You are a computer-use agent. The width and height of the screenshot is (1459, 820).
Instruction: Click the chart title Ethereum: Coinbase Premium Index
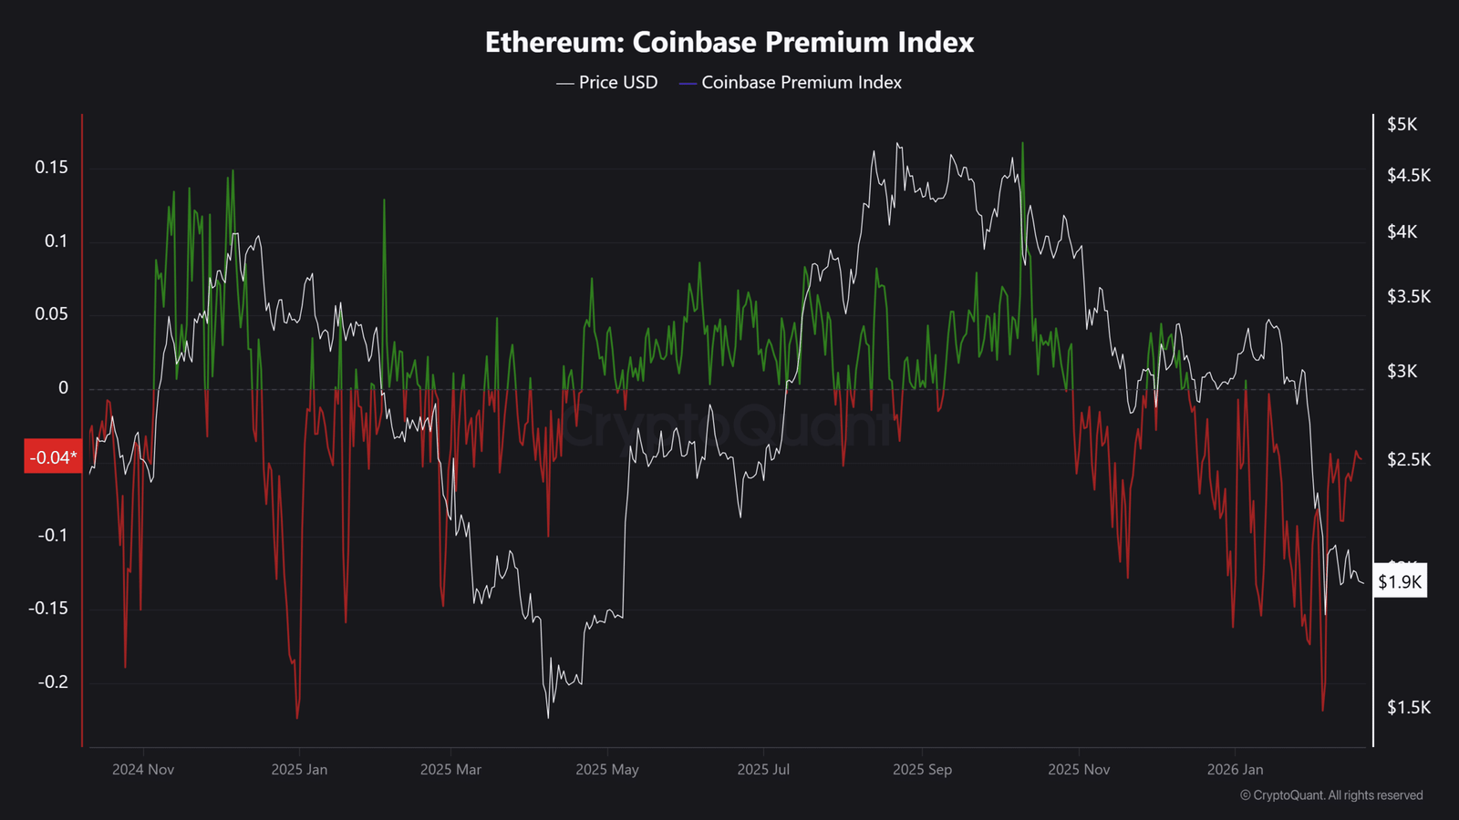pyautogui.click(x=729, y=43)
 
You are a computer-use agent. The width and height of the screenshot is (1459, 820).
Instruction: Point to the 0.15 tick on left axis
pyautogui.click(x=51, y=168)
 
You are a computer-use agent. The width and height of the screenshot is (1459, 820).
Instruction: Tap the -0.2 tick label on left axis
pyautogui.click(x=52, y=682)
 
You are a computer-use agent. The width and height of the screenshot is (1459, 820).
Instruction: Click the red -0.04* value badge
pyautogui.click(x=52, y=457)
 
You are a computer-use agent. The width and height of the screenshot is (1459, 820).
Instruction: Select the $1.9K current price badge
pyautogui.click(x=1400, y=582)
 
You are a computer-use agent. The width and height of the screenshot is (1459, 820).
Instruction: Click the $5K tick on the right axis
pyautogui.click(x=1402, y=125)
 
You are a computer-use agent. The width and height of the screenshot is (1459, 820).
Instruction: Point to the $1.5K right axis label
pyautogui.click(x=1408, y=708)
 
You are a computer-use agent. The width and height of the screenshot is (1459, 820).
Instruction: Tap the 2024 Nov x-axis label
pyautogui.click(x=143, y=770)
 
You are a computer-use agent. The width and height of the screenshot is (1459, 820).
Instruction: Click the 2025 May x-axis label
pyautogui.click(x=607, y=770)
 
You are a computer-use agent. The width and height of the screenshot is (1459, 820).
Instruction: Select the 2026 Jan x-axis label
pyautogui.click(x=1235, y=770)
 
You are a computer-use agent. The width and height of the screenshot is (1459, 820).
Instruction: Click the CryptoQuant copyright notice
pyautogui.click(x=1331, y=795)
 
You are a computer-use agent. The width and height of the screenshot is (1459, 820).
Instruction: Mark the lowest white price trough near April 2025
pyautogui.click(x=548, y=718)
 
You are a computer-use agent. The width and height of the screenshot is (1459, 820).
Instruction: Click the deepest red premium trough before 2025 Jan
pyautogui.click(x=297, y=718)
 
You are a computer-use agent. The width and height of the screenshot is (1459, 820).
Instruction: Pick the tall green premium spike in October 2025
pyautogui.click(x=1022, y=144)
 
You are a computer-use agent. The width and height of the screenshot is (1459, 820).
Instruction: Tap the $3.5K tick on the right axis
pyautogui.click(x=1408, y=297)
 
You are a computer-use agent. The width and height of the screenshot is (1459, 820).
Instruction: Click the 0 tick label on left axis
pyautogui.click(x=63, y=388)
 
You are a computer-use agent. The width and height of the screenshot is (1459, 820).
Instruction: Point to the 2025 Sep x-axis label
pyautogui.click(x=922, y=770)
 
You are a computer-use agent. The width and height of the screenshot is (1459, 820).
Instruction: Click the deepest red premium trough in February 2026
pyautogui.click(x=1322, y=710)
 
